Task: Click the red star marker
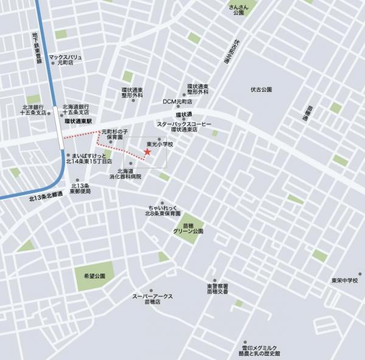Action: [147, 152]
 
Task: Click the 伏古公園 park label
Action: [260, 89]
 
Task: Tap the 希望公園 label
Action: [95, 275]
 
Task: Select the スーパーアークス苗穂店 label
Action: [153, 299]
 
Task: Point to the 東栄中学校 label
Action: [343, 280]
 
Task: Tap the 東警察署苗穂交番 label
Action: [217, 288]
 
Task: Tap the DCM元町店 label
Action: [178, 102]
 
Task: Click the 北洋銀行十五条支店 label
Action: [33, 109]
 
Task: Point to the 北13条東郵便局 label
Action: [80, 188]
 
